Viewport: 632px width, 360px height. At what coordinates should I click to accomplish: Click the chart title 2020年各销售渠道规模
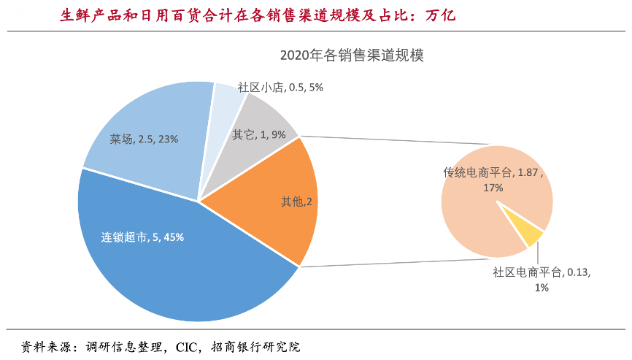point(352,55)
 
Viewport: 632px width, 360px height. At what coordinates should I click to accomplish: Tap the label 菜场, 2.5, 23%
point(144,139)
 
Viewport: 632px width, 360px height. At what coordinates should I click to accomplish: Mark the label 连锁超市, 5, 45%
point(142,237)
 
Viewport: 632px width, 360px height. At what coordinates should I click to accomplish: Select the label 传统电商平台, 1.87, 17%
point(493,180)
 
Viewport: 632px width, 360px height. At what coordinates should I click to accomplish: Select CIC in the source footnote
point(189,347)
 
